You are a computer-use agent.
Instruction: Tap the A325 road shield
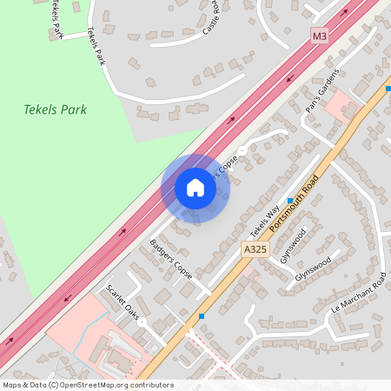[x=253, y=249]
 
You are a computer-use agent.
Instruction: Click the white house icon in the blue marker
[x=195, y=188]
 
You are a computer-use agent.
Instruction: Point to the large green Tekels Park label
[x=50, y=110]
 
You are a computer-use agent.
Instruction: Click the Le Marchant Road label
[x=358, y=296]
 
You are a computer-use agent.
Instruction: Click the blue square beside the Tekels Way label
[x=289, y=200]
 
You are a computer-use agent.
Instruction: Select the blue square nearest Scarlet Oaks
[x=202, y=316]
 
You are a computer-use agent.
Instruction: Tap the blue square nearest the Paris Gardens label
[x=388, y=89]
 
